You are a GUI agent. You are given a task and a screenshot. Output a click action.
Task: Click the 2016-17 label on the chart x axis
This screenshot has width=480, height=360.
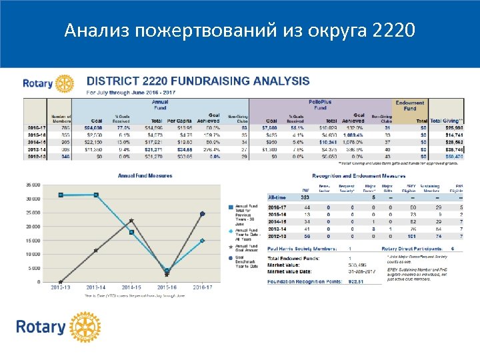[202, 288]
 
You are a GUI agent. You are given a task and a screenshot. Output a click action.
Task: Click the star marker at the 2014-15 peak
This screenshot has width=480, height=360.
[131, 221]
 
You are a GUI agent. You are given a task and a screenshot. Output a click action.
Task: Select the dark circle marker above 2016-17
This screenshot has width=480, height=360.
[202, 214]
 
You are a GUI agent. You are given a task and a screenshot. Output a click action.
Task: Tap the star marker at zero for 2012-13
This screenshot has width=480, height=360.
[61, 282]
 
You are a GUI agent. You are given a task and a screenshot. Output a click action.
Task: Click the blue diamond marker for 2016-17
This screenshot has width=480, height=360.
[202, 241]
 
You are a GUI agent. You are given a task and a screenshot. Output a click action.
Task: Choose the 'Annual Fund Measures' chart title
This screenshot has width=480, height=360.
[145, 176]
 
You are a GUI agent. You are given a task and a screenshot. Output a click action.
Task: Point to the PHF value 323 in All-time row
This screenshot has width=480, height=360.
[305, 197]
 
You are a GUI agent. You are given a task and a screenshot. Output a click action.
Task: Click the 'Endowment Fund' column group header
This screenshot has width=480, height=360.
[410, 105]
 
